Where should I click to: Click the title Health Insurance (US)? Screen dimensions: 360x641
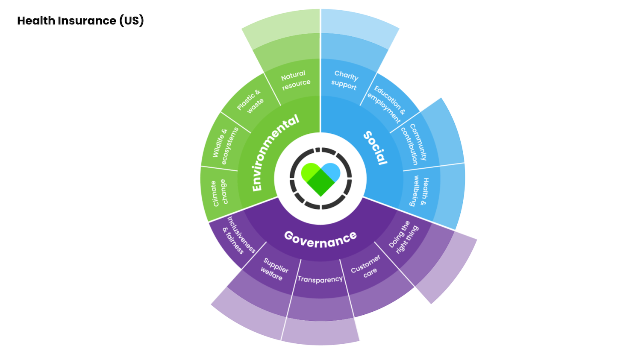[80, 20]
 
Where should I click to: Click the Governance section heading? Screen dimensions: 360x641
[320, 239]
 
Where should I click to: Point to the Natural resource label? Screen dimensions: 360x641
[295, 80]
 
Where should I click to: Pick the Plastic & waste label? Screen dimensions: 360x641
[251, 101]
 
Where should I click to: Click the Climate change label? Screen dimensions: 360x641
[219, 193]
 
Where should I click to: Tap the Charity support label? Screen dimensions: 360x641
[345, 80]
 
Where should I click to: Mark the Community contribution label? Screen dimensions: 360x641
[413, 144]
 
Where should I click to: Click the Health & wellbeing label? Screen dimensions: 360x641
[419, 192]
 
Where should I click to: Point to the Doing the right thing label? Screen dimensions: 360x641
[403, 237]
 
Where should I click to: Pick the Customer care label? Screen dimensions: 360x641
[367, 267]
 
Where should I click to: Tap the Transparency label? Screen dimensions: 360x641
[320, 279]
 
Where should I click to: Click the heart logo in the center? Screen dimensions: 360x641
[320, 178]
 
